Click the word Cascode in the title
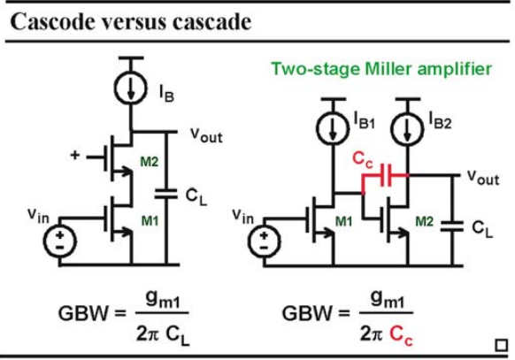[53, 22]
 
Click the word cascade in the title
[211, 22]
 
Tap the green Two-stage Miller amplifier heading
[381, 69]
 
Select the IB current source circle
[131, 88]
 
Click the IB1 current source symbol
[333, 128]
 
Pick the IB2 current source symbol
[407, 128]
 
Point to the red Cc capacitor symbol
[386, 175]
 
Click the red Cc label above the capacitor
[363, 160]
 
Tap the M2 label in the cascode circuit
[150, 162]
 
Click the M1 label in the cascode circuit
[150, 221]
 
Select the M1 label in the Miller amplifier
[344, 222]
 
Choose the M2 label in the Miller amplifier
[425, 222]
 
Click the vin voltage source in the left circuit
[60, 241]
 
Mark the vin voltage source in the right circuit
[265, 241]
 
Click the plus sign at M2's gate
[75, 155]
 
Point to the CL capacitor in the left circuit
[165, 194]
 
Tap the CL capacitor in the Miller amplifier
[451, 226]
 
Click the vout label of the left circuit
[206, 134]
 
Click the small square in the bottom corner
[501, 345]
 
